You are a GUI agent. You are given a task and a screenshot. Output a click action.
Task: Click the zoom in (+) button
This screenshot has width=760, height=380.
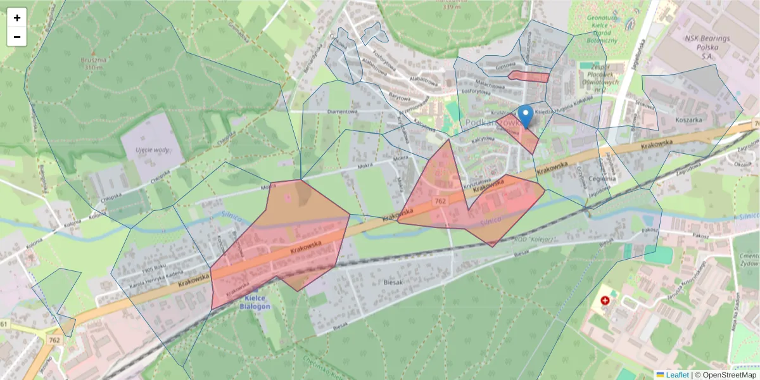click(17, 18)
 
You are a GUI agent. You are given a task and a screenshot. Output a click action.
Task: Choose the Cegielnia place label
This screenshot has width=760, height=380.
click(602, 179)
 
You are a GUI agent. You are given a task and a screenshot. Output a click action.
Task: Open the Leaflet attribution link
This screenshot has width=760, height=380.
click(676, 375)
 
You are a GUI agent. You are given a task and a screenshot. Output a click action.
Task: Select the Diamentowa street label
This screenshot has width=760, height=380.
click(343, 112)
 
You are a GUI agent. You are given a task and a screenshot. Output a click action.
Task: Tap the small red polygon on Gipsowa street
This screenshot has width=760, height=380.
click(528, 77)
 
